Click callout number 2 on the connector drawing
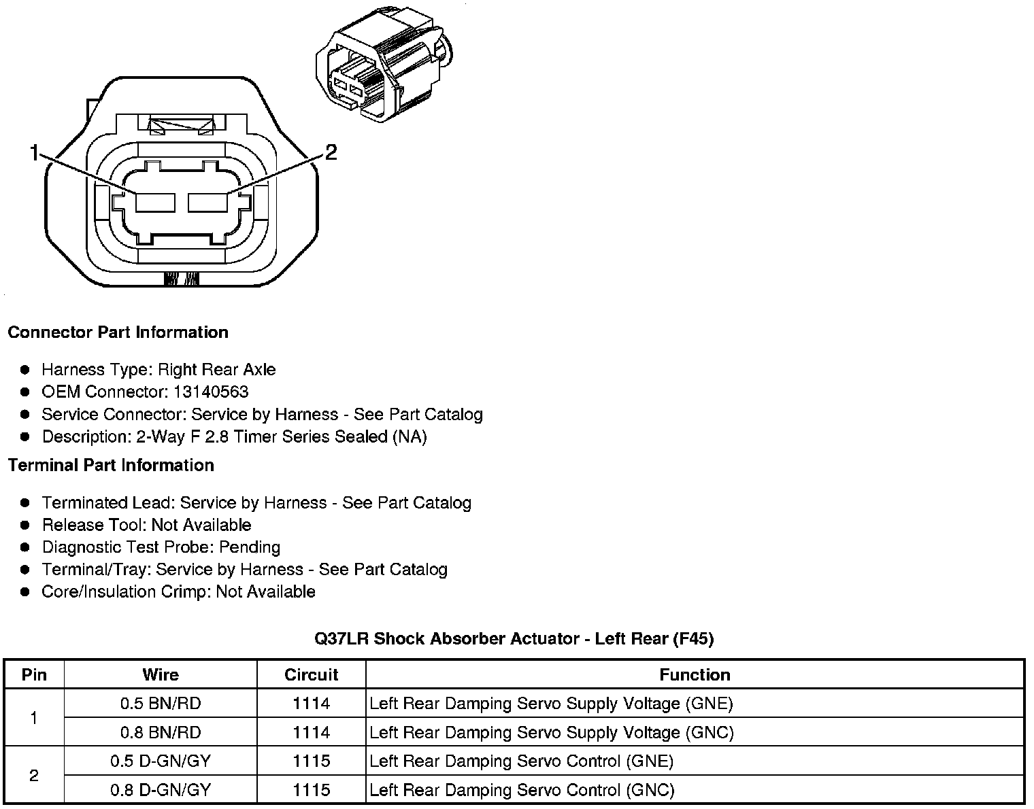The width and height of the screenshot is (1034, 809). tap(331, 152)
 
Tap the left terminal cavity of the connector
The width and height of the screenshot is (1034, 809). tap(156, 203)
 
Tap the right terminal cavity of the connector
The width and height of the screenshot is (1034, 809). tap(207, 203)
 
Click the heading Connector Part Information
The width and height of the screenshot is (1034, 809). tap(118, 332)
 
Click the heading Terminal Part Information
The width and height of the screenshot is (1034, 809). tap(111, 466)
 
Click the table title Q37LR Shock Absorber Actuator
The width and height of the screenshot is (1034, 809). tap(514, 638)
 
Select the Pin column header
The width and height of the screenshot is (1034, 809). tap(34, 674)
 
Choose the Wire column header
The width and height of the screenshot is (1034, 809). tap(161, 674)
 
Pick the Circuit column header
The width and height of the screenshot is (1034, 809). tap(311, 674)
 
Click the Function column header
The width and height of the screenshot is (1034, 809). tap(695, 674)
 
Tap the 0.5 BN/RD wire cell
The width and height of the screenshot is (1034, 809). tap(161, 704)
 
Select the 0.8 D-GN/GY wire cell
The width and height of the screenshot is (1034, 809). tap(161, 790)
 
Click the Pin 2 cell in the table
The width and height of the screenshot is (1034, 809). tap(34, 776)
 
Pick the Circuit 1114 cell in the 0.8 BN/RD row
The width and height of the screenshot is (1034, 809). tap(311, 733)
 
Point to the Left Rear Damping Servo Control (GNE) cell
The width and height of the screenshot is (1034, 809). tap(521, 761)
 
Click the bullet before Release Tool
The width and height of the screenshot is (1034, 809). tap(26, 526)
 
